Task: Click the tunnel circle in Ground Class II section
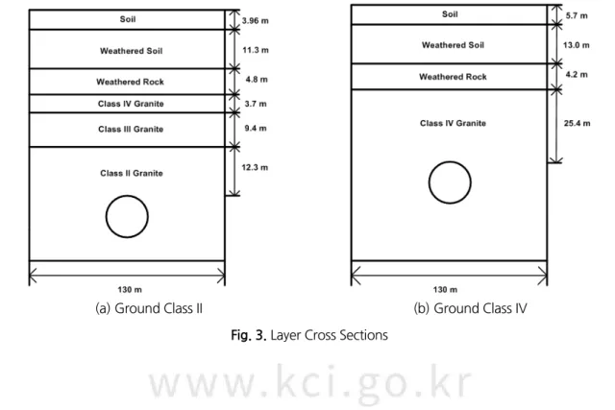click(x=106, y=217)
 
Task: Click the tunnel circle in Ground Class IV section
click(x=429, y=182)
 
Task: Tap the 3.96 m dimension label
click(x=256, y=21)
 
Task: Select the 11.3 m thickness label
click(x=256, y=50)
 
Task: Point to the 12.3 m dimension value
click(x=255, y=168)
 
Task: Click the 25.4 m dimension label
click(x=577, y=124)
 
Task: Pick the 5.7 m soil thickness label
click(x=577, y=16)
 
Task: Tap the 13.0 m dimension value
click(x=577, y=45)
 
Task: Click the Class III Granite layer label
click(x=131, y=130)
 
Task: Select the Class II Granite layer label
click(x=132, y=173)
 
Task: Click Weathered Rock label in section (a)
click(x=131, y=82)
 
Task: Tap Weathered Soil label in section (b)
click(x=453, y=45)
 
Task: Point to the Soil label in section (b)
click(x=450, y=14)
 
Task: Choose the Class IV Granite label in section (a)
click(x=131, y=104)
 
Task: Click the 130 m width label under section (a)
click(x=130, y=290)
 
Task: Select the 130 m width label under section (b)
click(x=445, y=290)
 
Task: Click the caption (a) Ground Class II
click(x=149, y=308)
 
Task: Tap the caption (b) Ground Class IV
click(x=470, y=308)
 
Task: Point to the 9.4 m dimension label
click(x=256, y=129)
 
